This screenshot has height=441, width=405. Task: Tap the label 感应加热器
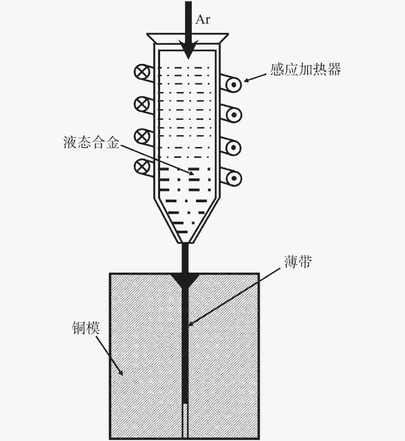tap(305, 70)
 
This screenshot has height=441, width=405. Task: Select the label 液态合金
tap(92, 142)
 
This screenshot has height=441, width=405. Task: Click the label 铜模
tap(86, 328)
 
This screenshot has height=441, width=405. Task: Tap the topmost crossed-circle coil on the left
tap(142, 72)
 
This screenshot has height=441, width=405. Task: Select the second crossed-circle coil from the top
tap(142, 104)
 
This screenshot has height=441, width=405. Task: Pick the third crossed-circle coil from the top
tap(142, 135)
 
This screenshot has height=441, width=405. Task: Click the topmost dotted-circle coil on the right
tap(234, 85)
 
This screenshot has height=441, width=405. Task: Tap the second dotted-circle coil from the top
tap(234, 115)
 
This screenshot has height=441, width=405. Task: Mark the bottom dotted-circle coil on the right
tap(234, 178)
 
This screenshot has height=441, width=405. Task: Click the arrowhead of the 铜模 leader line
tap(121, 373)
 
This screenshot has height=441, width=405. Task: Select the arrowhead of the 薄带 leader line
tap(191, 324)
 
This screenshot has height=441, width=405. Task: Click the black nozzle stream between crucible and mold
tap(185, 257)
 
